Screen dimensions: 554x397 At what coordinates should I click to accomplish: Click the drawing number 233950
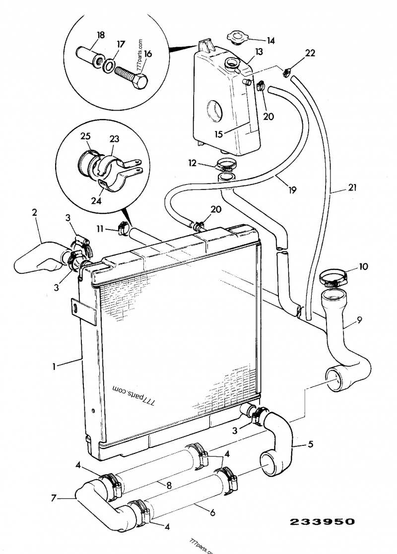tap(323, 521)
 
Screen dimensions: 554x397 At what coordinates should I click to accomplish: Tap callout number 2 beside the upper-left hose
tap(34, 213)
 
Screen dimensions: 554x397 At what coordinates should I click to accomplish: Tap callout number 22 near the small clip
tap(310, 53)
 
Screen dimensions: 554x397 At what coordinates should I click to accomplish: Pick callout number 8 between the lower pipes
tap(169, 486)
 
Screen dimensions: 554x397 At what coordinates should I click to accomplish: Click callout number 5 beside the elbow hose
tap(310, 444)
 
